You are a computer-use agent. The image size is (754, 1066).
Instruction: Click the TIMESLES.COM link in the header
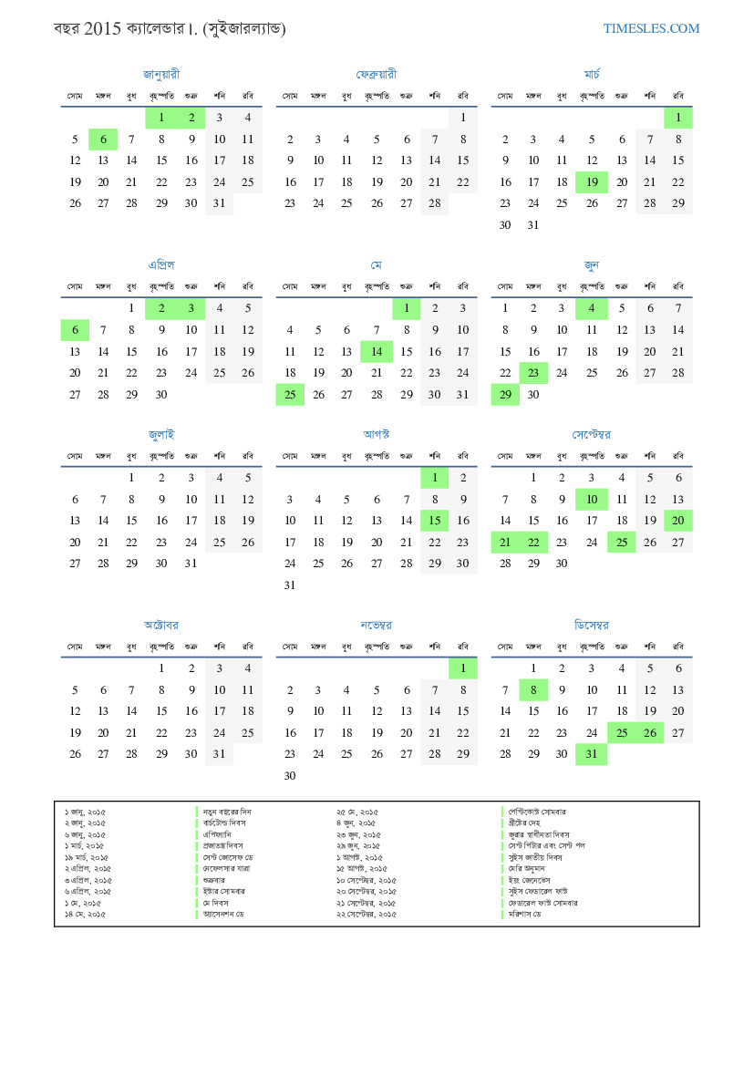click(x=651, y=28)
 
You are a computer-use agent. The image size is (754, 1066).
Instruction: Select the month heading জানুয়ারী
click(x=161, y=74)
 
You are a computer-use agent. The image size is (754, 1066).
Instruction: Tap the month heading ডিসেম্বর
click(x=592, y=625)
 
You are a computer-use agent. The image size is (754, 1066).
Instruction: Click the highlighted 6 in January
click(x=103, y=140)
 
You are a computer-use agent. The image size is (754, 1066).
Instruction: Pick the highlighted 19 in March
click(x=592, y=182)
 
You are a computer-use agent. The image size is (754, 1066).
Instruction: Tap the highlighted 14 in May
click(x=377, y=351)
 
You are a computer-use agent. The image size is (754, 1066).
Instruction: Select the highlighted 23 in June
click(x=533, y=372)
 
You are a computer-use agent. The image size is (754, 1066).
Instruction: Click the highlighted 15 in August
click(x=434, y=520)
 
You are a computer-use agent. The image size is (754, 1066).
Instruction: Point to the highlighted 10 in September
click(x=592, y=499)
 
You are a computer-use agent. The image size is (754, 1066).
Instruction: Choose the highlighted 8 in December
click(x=533, y=689)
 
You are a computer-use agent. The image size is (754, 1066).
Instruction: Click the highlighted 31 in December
click(x=592, y=754)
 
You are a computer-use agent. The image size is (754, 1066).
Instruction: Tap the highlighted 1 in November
click(x=463, y=668)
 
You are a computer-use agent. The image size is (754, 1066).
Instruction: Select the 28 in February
click(x=434, y=203)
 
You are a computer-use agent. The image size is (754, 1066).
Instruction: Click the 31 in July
click(x=191, y=563)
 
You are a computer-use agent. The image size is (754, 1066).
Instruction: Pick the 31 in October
click(x=219, y=754)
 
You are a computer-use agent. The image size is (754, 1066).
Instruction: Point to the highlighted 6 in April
click(x=75, y=330)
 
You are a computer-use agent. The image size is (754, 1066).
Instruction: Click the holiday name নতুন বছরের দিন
click(x=227, y=811)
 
